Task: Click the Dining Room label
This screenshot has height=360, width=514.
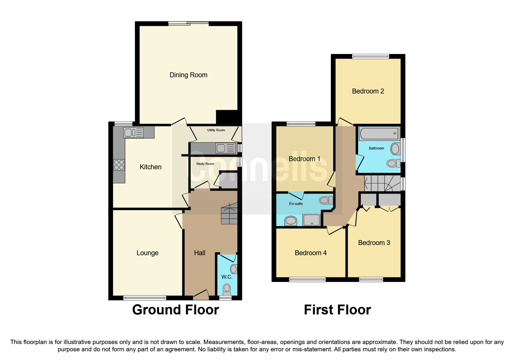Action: (188, 75)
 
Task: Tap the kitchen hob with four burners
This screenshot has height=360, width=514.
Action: (119, 165)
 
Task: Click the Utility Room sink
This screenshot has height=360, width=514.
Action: (226, 148)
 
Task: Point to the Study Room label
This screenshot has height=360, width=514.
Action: (205, 164)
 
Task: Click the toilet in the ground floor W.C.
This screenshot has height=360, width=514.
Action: (226, 289)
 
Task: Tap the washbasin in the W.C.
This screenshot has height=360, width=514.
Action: (234, 269)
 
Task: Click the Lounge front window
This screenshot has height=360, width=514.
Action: (145, 298)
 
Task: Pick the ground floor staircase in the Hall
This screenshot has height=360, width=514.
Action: (229, 214)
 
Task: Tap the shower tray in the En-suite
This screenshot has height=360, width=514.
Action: (311, 220)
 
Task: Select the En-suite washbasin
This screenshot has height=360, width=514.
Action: (291, 221)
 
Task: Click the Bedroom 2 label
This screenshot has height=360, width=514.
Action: (368, 91)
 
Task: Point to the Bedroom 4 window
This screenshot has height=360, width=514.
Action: (307, 280)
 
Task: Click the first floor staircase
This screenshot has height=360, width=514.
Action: (382, 183)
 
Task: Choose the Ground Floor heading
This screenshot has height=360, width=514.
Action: (175, 310)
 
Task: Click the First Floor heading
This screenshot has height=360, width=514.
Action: (337, 310)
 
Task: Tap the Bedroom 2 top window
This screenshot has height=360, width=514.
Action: (370, 57)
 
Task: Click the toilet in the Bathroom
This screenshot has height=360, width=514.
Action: (392, 163)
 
